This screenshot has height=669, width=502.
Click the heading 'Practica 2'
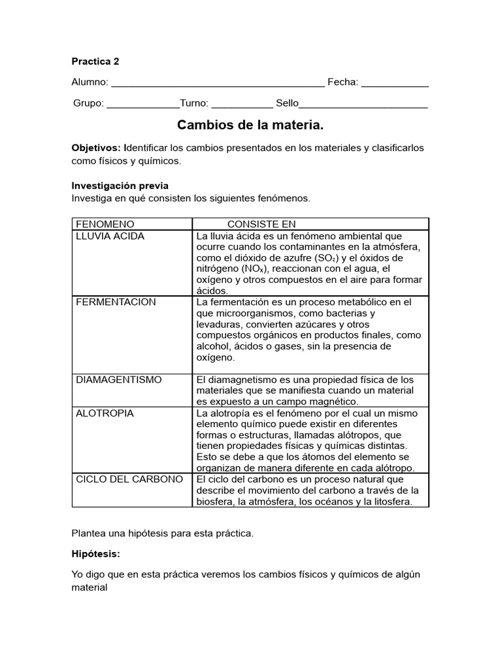tap(95, 61)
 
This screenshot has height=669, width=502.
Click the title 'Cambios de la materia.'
tap(251, 125)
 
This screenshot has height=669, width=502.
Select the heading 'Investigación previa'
tap(120, 186)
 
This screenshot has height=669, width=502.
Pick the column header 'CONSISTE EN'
tap(261, 224)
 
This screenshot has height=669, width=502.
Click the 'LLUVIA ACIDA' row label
tap(110, 236)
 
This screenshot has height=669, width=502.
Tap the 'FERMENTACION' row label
tap(116, 302)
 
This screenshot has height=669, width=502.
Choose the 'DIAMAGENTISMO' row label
tap(119, 380)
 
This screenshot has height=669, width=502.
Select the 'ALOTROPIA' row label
tap(105, 413)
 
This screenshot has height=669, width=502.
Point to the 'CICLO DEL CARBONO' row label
tap(129, 479)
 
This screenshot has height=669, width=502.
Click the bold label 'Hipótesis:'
tap(96, 553)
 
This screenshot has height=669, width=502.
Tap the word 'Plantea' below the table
tap(89, 533)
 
